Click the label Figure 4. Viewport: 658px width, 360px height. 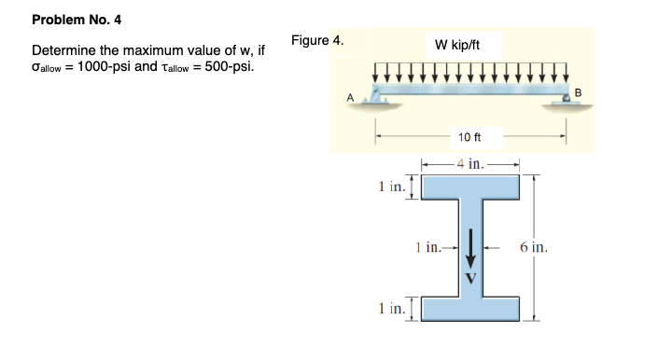(316, 41)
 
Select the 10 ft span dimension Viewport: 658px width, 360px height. (469, 137)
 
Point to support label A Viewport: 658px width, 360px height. (351, 96)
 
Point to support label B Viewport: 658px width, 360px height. (577, 91)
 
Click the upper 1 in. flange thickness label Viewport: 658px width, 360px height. (390, 186)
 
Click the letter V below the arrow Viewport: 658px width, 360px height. (471, 276)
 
